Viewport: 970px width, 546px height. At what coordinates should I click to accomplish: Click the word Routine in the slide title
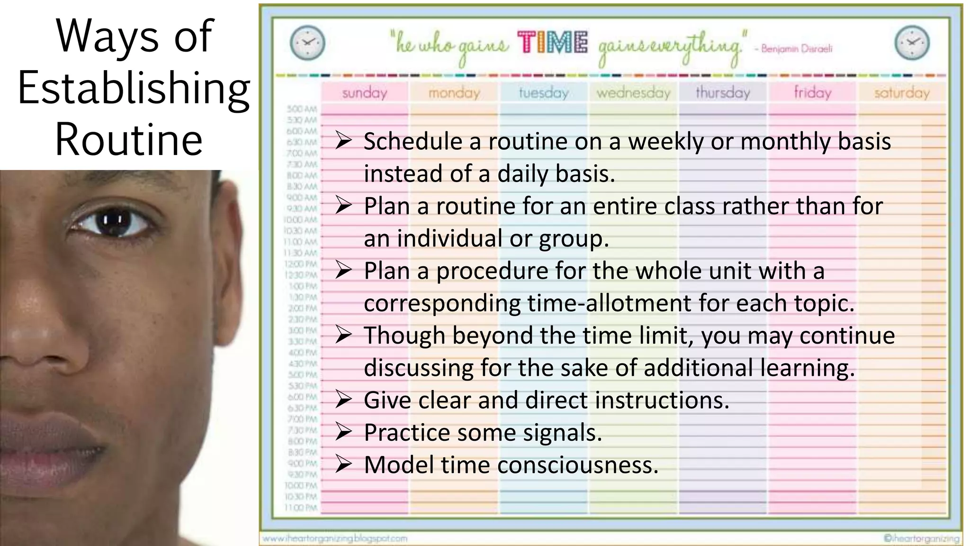[129, 140]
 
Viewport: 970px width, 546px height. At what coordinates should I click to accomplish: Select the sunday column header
[365, 92]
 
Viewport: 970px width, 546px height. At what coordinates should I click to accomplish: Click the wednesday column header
[633, 92]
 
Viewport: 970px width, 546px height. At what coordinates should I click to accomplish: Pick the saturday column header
[902, 92]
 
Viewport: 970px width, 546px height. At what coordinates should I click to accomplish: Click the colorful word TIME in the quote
[553, 43]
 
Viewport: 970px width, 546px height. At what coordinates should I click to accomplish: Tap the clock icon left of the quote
[307, 43]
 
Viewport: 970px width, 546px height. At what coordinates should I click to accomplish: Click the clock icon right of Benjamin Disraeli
[912, 43]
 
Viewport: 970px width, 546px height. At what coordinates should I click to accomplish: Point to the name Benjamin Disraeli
[797, 48]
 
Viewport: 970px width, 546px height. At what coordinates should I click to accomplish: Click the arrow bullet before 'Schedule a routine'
[343, 141]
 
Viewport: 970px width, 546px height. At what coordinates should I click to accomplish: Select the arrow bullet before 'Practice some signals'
[343, 432]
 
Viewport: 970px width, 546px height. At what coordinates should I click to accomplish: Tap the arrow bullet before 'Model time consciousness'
[343, 464]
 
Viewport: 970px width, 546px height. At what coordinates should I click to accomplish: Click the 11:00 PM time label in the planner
[301, 508]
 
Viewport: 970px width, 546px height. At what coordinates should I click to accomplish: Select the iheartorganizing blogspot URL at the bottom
[335, 538]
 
